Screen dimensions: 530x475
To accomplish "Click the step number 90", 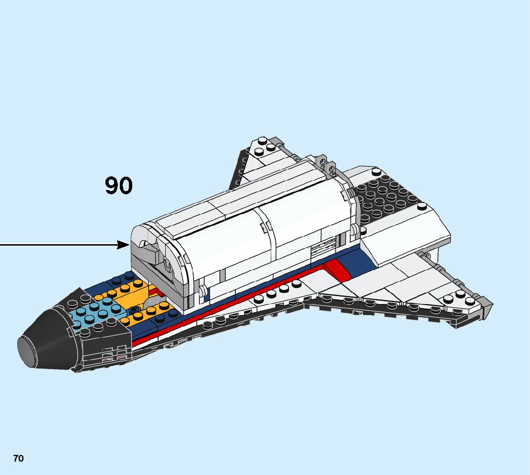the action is pyautogui.click(x=118, y=186).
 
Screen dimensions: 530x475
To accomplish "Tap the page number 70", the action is pyautogui.click(x=18, y=458).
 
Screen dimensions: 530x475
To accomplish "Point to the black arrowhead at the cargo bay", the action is pyautogui.click(x=124, y=245).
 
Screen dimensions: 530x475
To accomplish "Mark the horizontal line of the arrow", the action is pyautogui.click(x=58, y=245).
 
